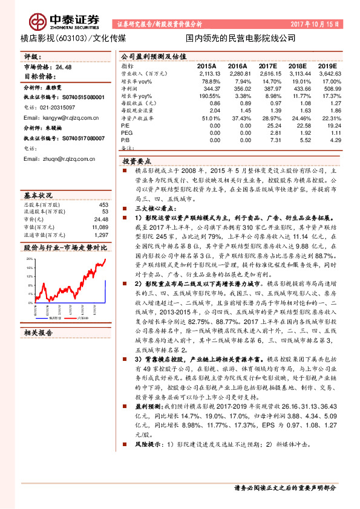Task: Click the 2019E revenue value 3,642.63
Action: pyautogui.click(x=326, y=72)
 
